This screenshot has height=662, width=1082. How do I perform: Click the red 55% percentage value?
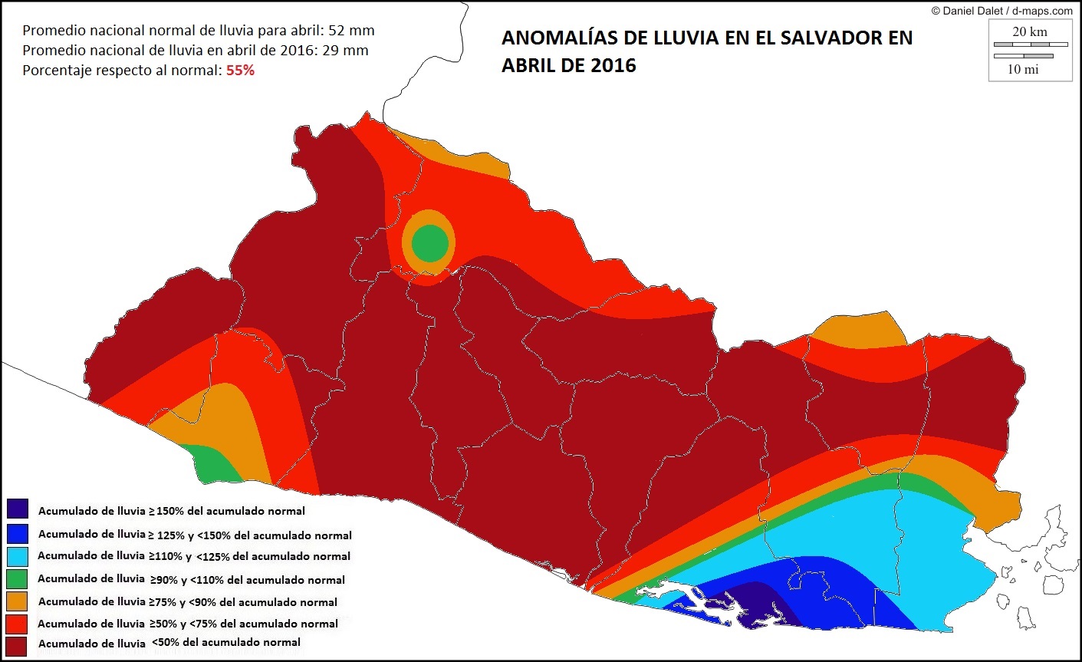240,71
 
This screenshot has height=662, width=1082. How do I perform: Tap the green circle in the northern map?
429,242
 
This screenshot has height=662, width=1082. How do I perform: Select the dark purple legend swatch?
17,509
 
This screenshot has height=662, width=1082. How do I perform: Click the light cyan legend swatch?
17,555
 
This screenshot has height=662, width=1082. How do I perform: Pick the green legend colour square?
17,578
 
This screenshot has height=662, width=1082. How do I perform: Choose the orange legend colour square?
17,601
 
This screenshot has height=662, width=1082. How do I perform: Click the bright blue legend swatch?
17,532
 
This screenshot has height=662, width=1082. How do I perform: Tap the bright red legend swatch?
17,623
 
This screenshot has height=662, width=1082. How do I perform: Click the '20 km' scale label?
1029,31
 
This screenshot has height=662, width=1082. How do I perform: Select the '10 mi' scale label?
1022,69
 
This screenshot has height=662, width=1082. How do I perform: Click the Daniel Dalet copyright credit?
1001,11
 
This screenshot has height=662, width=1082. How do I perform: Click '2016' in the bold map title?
613,65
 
